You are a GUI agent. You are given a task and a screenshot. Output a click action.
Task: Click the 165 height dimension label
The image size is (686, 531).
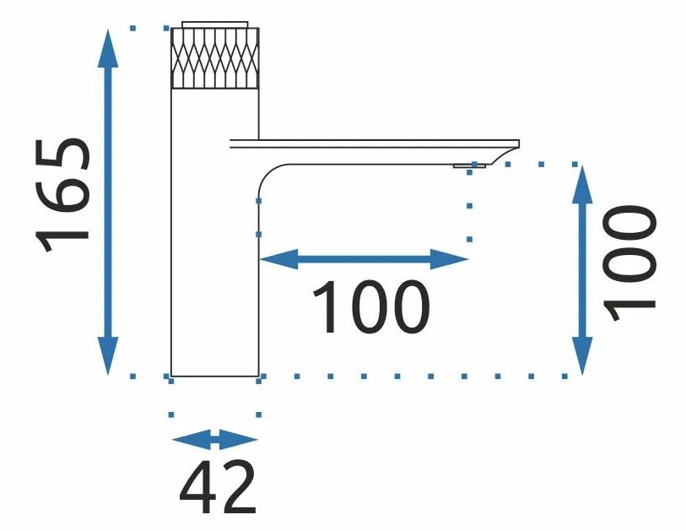click(64, 194)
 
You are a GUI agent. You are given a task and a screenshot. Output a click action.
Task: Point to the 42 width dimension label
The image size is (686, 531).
click(218, 489)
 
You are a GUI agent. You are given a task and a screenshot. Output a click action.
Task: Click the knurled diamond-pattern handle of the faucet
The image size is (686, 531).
click(215, 58)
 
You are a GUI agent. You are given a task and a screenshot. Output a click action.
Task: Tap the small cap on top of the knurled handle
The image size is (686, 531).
click(215, 24)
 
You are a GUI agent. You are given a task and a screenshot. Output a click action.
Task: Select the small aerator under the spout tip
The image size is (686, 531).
click(469, 166)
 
